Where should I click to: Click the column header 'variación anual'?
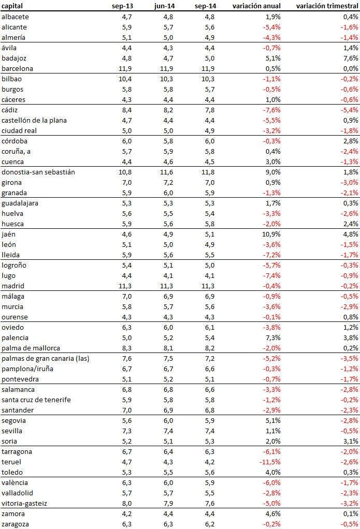point(256,6)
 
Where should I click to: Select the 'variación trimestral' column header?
point(327,6)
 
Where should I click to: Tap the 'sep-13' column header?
point(122,6)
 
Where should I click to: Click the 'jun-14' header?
point(164,6)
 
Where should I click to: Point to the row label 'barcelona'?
point(18,68)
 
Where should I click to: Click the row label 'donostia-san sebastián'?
point(38,172)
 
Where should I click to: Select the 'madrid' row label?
point(13,286)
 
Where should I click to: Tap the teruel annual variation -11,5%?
point(270,462)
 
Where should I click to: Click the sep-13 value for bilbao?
point(124,79)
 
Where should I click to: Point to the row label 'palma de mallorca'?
point(31,348)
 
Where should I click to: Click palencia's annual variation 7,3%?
point(272,337)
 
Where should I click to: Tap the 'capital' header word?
point(12,6)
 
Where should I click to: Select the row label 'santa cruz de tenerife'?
point(36,400)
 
